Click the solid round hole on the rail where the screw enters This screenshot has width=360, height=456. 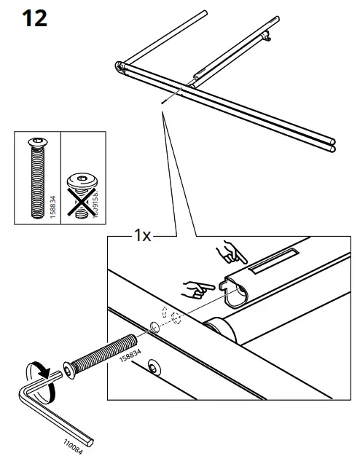(154, 323)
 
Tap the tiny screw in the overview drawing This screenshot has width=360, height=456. (164, 102)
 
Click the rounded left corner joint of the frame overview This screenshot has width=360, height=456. (119, 68)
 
